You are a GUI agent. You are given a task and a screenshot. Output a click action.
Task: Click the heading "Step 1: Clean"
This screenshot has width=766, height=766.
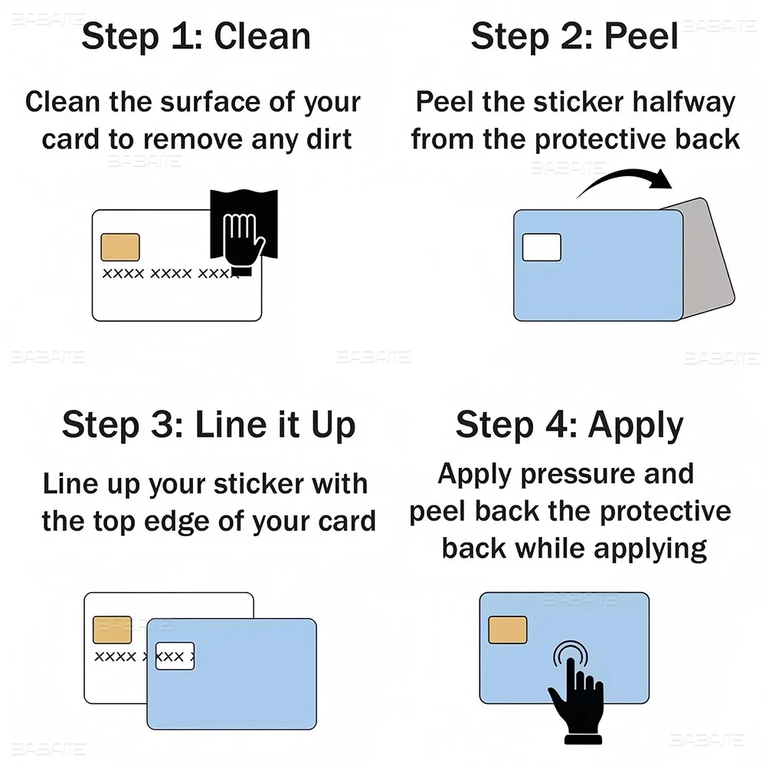[196, 36]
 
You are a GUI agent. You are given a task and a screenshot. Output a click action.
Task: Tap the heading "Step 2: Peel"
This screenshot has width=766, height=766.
[574, 37]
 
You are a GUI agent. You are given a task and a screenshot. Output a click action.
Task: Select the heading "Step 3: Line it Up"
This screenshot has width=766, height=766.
[208, 424]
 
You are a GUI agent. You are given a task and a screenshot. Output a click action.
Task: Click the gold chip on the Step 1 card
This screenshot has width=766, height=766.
[120, 247]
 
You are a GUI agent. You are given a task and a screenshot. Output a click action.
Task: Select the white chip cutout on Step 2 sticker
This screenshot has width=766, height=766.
[542, 247]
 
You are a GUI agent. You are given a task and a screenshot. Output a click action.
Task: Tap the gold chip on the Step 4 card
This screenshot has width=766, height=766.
[508, 630]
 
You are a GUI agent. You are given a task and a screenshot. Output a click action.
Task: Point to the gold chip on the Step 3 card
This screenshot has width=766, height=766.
[113, 630]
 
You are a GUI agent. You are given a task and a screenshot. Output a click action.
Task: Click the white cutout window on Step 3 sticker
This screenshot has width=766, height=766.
[175, 656]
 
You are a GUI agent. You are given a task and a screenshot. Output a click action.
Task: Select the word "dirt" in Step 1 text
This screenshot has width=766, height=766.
[329, 139]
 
